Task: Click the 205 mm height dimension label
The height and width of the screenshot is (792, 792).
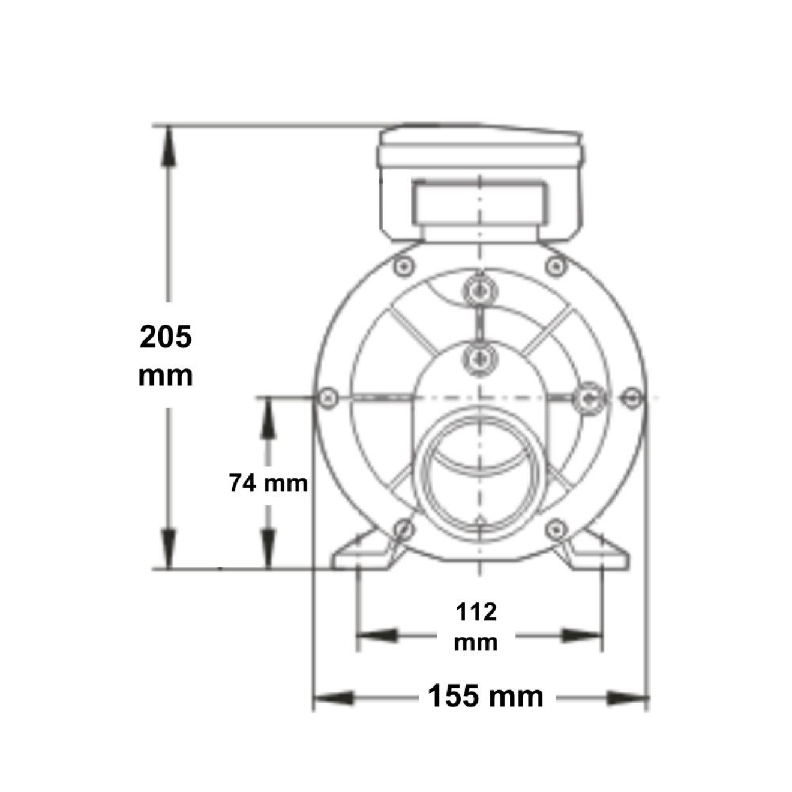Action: [x=166, y=355]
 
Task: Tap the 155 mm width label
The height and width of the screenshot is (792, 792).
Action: [x=486, y=695]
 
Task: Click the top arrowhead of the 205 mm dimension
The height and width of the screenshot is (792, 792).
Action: [x=167, y=146]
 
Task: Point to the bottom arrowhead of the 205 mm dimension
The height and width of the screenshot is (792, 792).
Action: [x=167, y=548]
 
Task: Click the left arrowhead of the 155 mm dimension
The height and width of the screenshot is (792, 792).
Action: [x=334, y=697]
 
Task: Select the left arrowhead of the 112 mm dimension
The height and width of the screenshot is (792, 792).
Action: [x=377, y=635]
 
